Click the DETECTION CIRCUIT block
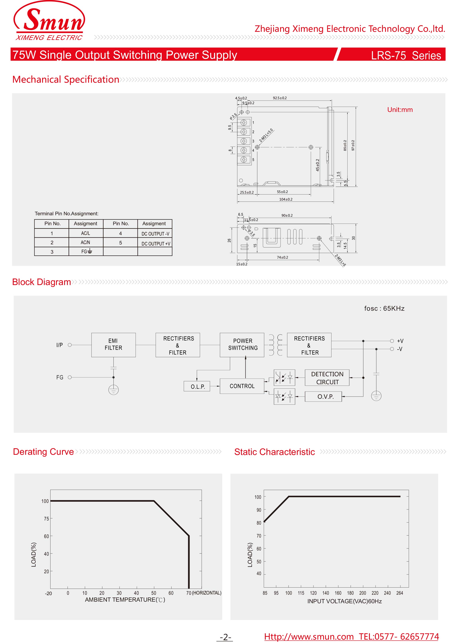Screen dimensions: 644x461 coord(327,378)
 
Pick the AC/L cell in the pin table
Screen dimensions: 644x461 coord(85,233)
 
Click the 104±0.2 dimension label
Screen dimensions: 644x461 coord(286,199)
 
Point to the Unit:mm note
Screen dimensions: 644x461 coord(400,110)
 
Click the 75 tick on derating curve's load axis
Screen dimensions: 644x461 coord(46,519)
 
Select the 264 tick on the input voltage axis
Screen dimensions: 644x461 coord(399,593)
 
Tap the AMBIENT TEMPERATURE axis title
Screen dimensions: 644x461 coord(125,600)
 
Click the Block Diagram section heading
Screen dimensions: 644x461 coord(42,282)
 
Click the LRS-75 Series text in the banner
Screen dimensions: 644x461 coord(406,55)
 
